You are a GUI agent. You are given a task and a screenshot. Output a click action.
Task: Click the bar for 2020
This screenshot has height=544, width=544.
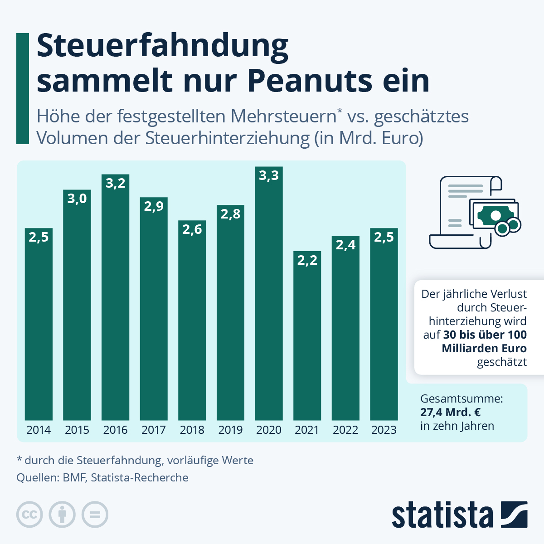coord(269,295)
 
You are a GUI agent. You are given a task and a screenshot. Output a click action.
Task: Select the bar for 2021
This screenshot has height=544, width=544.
coord(307,335)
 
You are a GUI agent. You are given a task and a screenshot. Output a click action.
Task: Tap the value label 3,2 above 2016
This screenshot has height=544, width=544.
coord(116,183)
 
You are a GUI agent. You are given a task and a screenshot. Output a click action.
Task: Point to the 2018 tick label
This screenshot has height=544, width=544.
coord(192,430)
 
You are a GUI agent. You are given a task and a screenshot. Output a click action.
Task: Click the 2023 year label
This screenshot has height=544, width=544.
coord(384,430)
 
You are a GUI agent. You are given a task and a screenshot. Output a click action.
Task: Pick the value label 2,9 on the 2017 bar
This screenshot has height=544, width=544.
coord(154,206)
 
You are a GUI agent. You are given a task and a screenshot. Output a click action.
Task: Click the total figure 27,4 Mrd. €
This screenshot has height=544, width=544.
coord(451,413)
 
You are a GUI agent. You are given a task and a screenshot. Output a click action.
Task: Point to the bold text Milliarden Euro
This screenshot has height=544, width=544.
coord(484,348)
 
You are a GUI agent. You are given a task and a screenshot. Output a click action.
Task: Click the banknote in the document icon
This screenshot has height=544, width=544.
coord(494,214)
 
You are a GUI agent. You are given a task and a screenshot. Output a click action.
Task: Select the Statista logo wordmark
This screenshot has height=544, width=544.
coord(442,515)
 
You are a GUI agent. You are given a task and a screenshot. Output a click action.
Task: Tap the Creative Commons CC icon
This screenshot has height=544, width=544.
coord(29,515)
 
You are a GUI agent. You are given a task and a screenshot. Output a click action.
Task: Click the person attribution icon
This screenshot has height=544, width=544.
coord(62,515)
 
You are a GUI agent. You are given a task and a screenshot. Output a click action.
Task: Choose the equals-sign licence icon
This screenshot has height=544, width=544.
coord(95,515)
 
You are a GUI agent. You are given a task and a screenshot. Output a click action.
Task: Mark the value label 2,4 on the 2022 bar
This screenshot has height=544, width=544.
coord(345,245)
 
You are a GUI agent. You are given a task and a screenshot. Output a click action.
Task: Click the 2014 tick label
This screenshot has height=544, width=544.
coord(39,430)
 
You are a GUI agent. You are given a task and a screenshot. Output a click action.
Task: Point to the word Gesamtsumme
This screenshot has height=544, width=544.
coord(461,399)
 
